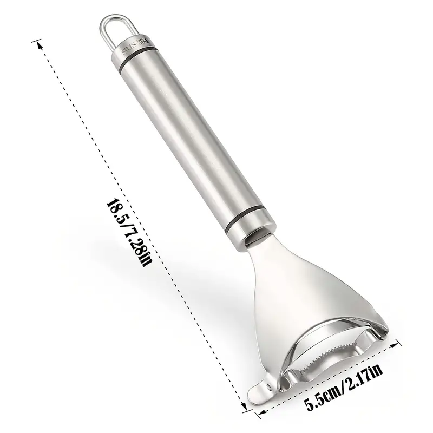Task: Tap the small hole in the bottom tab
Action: coord(267,384)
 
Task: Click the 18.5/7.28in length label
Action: coord(129,233)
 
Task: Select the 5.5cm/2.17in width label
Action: coord(344,386)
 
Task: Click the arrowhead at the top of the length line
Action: coord(40,45)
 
